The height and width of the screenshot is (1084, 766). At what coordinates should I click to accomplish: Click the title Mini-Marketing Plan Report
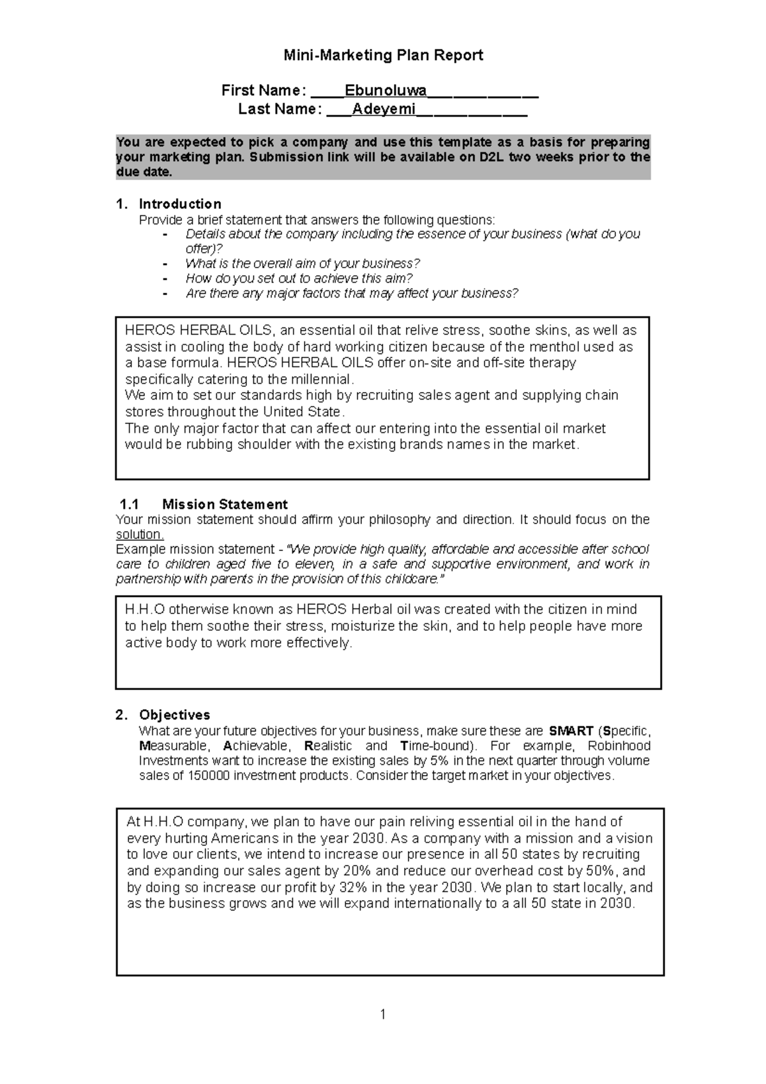coord(383,56)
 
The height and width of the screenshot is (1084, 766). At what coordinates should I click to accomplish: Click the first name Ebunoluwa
coord(386,90)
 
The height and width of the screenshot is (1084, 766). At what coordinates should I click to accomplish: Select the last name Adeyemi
coord(384,109)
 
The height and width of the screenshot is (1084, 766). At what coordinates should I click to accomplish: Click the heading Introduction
coord(180,204)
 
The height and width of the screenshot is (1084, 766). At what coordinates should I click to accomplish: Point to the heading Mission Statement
coord(225,504)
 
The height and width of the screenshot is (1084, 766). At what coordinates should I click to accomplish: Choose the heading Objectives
coord(174,715)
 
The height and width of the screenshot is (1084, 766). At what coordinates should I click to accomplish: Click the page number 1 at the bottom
coord(383,1014)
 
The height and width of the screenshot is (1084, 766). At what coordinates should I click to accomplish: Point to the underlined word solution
coord(139,535)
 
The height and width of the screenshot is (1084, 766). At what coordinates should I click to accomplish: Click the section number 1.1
coord(129,504)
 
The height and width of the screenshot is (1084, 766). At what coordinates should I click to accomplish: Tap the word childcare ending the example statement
coord(411,580)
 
